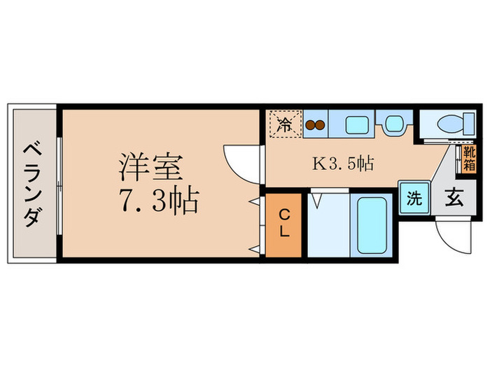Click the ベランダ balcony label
31,184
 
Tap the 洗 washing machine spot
414,198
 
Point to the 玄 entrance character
451,198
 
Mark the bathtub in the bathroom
371,225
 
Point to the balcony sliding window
59,184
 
